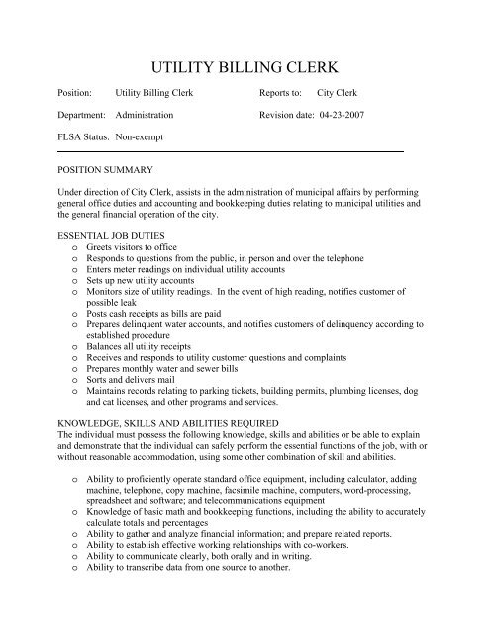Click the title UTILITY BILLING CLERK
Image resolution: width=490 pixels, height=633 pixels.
(245, 67)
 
